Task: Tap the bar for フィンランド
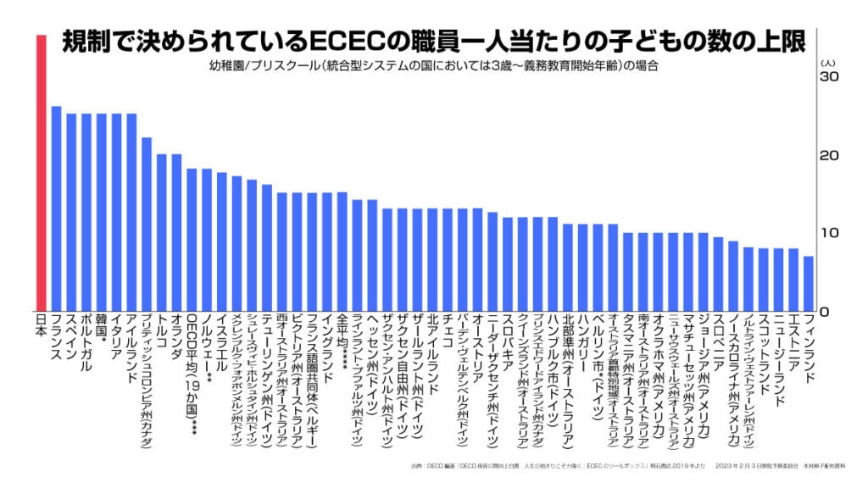[x=808, y=283]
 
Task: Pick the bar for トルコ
[x=161, y=232]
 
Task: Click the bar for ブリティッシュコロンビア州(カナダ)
[x=147, y=224]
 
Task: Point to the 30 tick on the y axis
[x=828, y=77]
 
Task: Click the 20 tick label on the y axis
[x=828, y=156]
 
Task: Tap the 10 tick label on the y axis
[x=828, y=233]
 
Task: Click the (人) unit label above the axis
[x=828, y=62]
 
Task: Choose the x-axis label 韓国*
[x=102, y=330]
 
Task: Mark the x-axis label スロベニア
[x=718, y=339]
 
